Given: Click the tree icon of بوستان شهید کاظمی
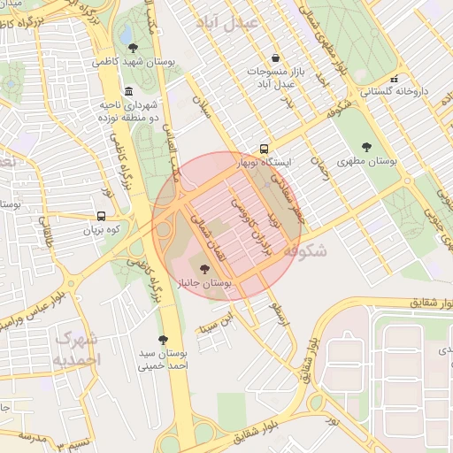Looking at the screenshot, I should point(133,48).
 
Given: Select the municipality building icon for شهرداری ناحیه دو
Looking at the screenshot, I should point(130,92).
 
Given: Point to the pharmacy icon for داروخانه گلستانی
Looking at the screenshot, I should point(395,79).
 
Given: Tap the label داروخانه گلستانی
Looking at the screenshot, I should point(394,91).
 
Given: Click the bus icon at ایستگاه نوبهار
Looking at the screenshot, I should point(265,150).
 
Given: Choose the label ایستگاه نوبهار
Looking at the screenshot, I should point(265,164).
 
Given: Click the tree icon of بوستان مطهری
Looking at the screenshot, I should point(366,148).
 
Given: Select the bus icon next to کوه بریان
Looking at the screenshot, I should point(101,216).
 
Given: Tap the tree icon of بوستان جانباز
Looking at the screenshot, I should point(205,269).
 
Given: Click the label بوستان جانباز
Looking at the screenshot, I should point(204,283).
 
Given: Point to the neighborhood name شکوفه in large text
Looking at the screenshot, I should point(306,250).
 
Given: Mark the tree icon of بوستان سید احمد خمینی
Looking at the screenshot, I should point(163,339).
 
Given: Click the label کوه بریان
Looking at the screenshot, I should point(101,229).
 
